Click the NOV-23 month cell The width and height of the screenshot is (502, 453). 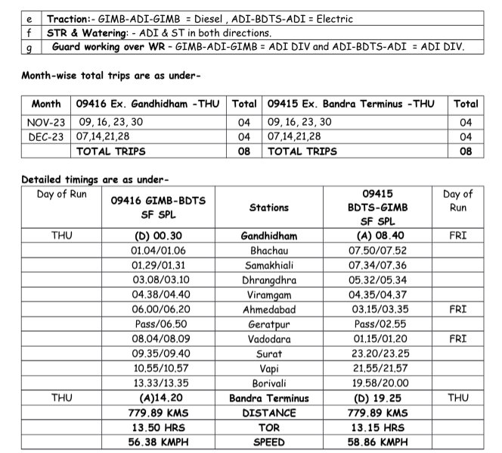point(46,122)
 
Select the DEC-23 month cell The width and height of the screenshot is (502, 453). point(46,136)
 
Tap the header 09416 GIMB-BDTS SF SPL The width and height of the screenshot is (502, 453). point(158,207)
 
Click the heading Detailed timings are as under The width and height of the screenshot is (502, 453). point(95,180)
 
